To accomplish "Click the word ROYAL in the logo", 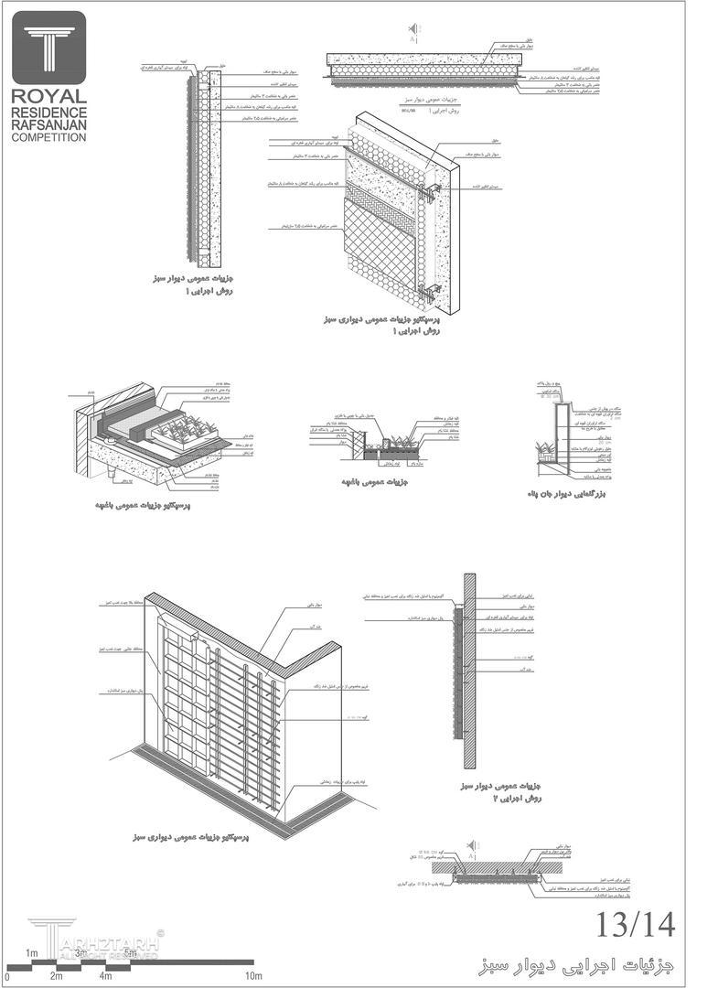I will point(49,96).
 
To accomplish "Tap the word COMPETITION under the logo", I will point(49,137).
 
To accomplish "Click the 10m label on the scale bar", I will point(253,976).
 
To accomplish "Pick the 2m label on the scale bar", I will point(57,976).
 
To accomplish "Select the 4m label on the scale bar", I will point(106,976).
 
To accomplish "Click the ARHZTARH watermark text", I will point(110,942).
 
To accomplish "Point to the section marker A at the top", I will point(413,39).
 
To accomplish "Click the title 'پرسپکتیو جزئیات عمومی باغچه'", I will point(142,506).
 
